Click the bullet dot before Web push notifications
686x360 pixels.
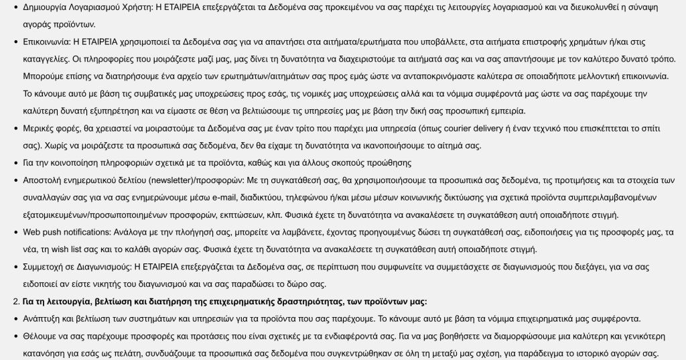[15, 233]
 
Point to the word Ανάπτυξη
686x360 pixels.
[44, 319]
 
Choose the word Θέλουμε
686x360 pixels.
[43, 337]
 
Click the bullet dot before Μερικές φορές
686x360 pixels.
[15, 128]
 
